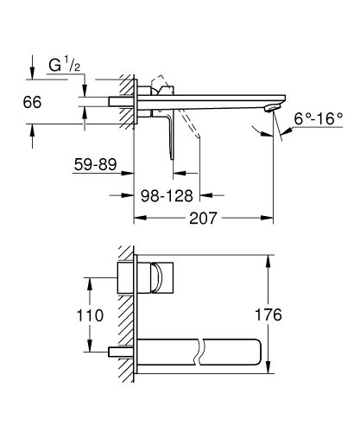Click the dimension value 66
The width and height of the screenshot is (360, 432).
pyautogui.click(x=33, y=102)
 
